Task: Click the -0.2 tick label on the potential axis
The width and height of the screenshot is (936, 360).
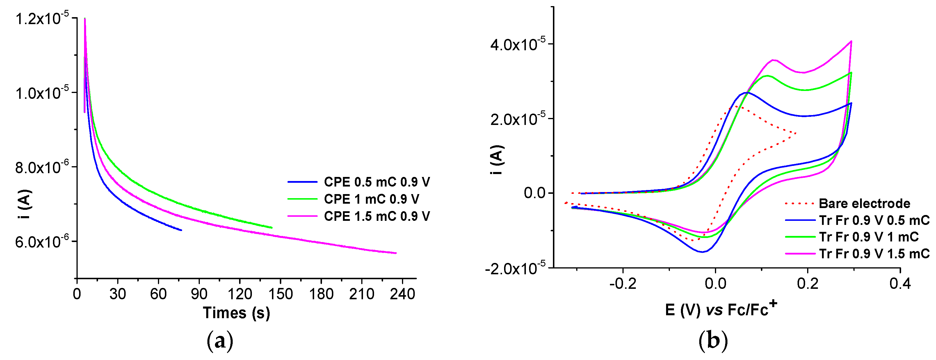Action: point(623,283)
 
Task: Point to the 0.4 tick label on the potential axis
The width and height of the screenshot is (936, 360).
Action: point(900,283)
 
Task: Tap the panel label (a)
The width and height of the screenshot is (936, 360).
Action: point(220,341)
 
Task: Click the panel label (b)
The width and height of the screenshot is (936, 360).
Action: point(713,341)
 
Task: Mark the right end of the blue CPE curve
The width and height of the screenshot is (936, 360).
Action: point(181,230)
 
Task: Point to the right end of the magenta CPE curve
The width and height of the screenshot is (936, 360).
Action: point(396,253)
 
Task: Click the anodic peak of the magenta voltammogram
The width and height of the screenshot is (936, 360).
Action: point(773,60)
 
